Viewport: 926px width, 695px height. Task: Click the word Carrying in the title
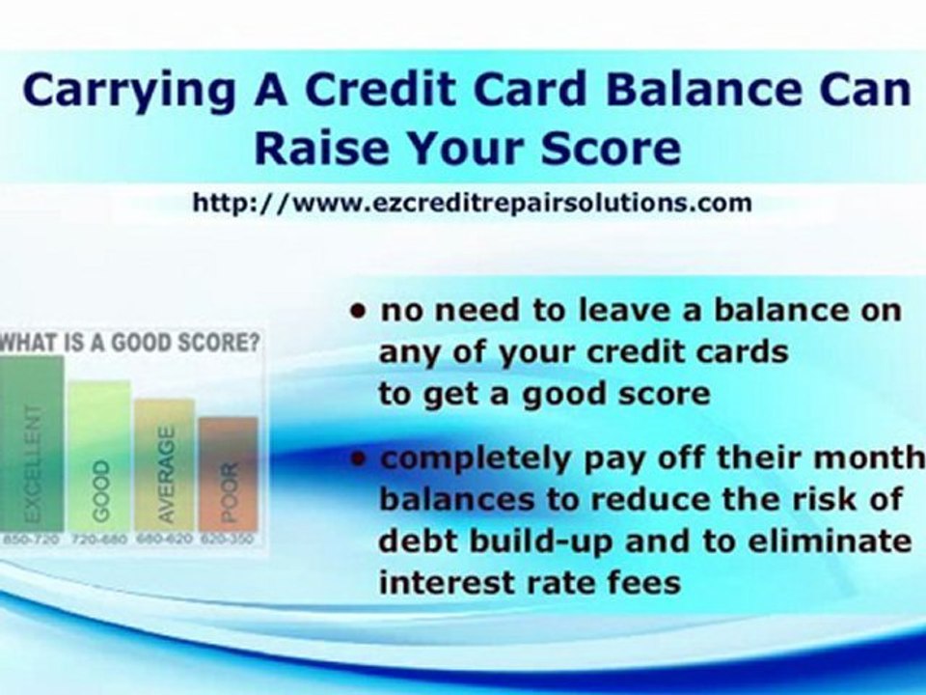[x=124, y=91]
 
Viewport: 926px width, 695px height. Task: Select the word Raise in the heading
[x=311, y=149]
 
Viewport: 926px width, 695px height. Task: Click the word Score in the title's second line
[x=611, y=149]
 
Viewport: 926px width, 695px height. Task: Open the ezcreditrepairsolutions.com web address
[x=472, y=204]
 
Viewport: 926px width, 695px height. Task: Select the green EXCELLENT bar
[x=32, y=444]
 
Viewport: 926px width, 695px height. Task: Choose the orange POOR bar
[x=229, y=473]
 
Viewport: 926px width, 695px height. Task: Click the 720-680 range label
[x=98, y=540]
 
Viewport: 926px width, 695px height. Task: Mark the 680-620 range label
[x=165, y=540]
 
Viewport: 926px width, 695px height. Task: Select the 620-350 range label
[x=229, y=540]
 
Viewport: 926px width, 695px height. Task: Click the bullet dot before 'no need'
[x=360, y=312]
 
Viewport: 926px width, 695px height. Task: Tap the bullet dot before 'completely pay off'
[x=360, y=460]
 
